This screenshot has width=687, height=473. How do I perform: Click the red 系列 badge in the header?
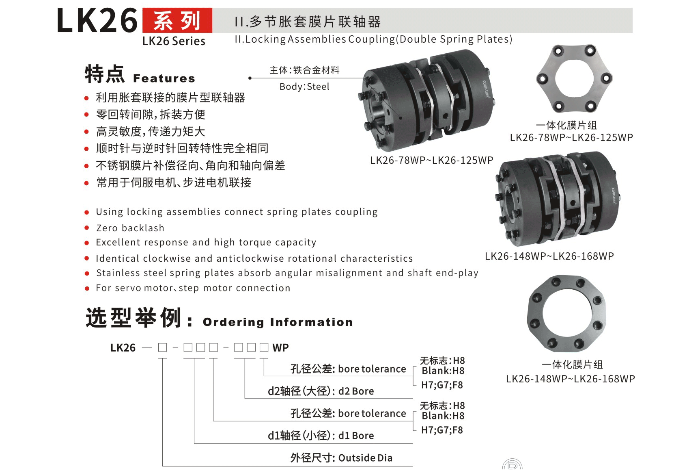point(177,21)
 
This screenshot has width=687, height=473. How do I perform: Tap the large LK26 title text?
point(97,21)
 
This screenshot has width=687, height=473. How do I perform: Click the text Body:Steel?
point(305,87)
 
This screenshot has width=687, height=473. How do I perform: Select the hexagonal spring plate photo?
point(574,78)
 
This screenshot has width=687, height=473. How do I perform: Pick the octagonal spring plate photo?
point(566,313)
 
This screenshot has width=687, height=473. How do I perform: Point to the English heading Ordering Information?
point(278,322)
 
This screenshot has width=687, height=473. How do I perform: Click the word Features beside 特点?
point(164,78)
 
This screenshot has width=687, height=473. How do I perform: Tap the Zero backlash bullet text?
point(130,228)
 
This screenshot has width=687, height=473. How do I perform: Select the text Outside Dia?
point(365,458)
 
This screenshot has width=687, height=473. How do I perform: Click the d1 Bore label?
point(356,436)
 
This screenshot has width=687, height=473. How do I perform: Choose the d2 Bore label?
point(356,391)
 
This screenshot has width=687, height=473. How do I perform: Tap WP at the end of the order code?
point(281,348)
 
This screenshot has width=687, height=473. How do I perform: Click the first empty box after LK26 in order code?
point(163,347)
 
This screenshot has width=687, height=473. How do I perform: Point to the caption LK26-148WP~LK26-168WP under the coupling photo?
point(549,256)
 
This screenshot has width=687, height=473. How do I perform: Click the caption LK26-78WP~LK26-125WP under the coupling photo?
point(431,160)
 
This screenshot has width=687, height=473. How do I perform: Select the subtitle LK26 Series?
point(174,41)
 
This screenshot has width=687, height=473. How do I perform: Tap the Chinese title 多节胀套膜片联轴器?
point(315,22)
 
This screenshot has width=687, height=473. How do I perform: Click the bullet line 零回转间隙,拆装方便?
point(151,115)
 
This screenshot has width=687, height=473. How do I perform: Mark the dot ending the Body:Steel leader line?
point(250,78)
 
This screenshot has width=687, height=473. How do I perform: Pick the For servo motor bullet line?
point(193,288)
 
